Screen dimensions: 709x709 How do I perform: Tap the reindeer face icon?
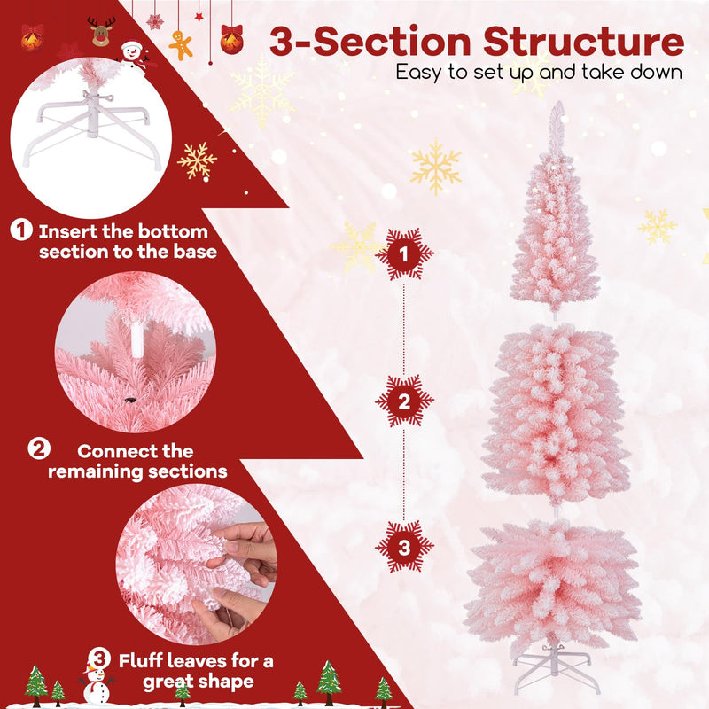[102, 32]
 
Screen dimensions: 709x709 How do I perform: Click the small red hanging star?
[199, 16]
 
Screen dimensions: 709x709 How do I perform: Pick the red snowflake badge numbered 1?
[404, 254]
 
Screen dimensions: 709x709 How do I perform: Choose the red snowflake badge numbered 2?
[404, 401]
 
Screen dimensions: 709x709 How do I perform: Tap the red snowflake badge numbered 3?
[404, 547]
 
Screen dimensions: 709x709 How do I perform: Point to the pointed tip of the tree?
[557, 111]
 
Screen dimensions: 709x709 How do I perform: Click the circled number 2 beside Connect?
[39, 448]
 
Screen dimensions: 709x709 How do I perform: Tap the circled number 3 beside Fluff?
[100, 658]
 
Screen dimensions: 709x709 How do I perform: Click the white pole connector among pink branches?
[137, 338]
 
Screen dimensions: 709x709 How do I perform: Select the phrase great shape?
[198, 682]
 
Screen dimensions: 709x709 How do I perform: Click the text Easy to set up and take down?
[539, 72]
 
